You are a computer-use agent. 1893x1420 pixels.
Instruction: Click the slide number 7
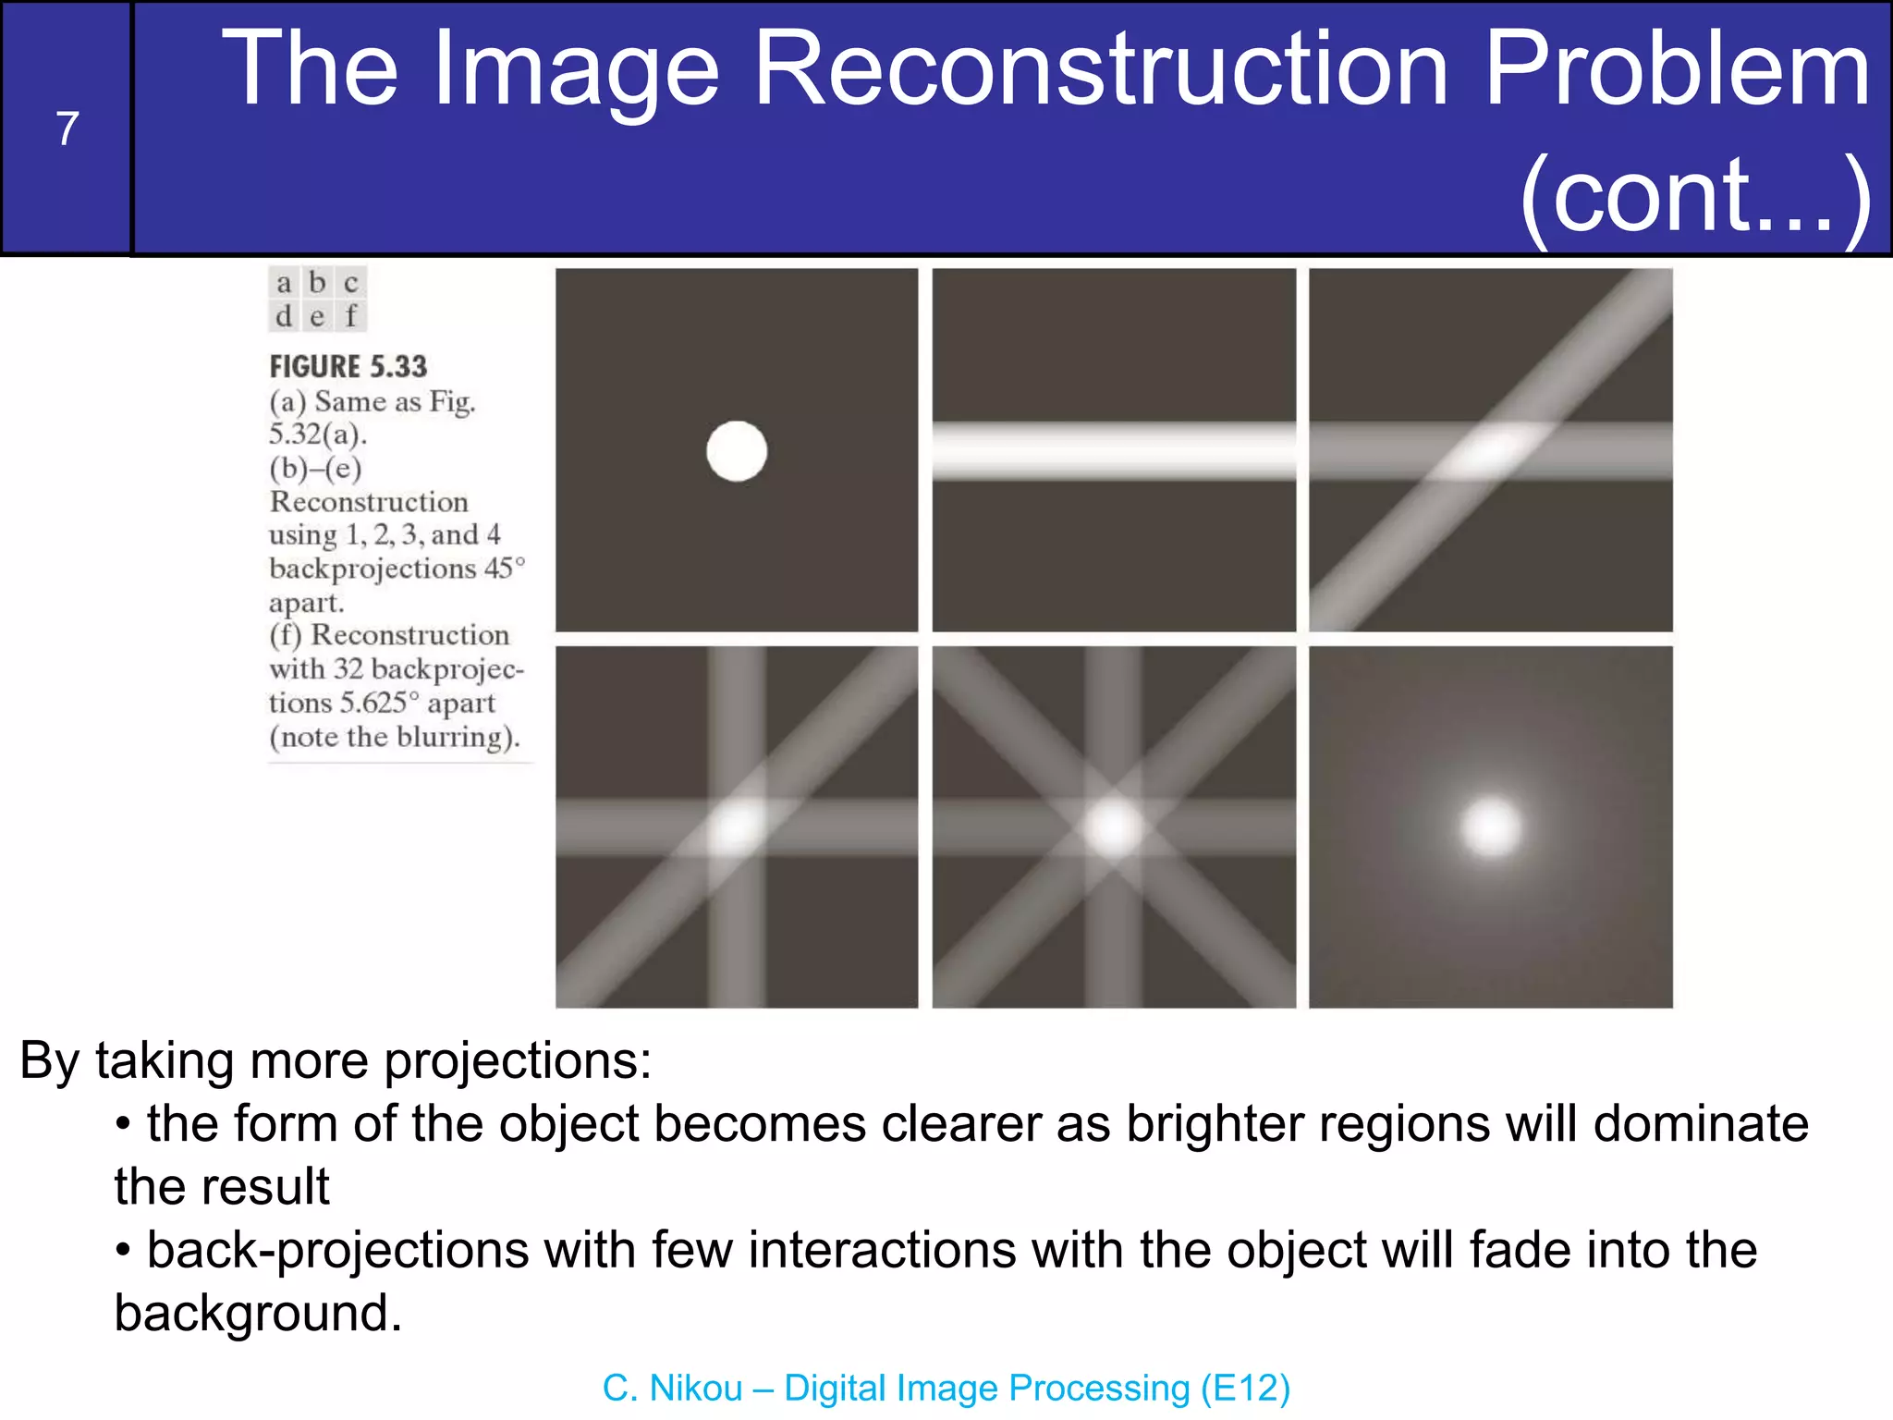(67, 129)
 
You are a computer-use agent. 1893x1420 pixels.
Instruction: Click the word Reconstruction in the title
(1101, 69)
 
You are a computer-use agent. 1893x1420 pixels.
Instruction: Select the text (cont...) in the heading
(1694, 195)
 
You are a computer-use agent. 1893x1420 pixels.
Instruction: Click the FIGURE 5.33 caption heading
(348, 367)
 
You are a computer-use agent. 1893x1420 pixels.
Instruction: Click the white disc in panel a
(737, 451)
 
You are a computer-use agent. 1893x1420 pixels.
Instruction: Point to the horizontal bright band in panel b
(1114, 450)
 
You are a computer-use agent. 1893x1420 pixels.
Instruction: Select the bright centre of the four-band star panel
(1114, 826)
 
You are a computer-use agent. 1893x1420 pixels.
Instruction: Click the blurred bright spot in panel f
(1491, 826)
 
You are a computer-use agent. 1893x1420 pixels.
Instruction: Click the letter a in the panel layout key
(284, 283)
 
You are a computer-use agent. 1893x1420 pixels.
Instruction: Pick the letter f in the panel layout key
(350, 316)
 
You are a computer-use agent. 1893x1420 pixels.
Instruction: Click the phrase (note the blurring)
(395, 737)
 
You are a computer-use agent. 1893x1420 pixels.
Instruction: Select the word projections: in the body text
(518, 1060)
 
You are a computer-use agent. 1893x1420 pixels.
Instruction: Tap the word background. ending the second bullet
(258, 1313)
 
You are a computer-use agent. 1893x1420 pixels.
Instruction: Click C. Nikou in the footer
(672, 1388)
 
